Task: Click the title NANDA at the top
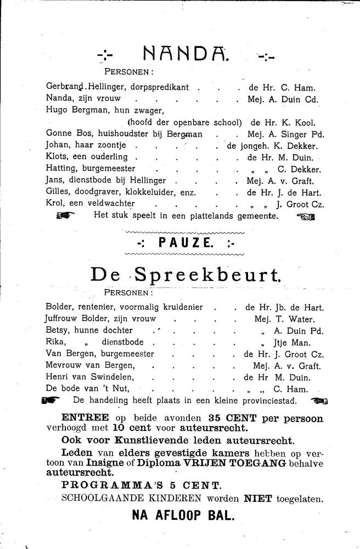tap(186, 54)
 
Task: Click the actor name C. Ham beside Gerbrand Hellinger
tap(303, 87)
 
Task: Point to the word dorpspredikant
tap(161, 87)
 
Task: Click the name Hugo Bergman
tap(74, 110)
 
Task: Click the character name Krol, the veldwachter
tap(54, 204)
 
